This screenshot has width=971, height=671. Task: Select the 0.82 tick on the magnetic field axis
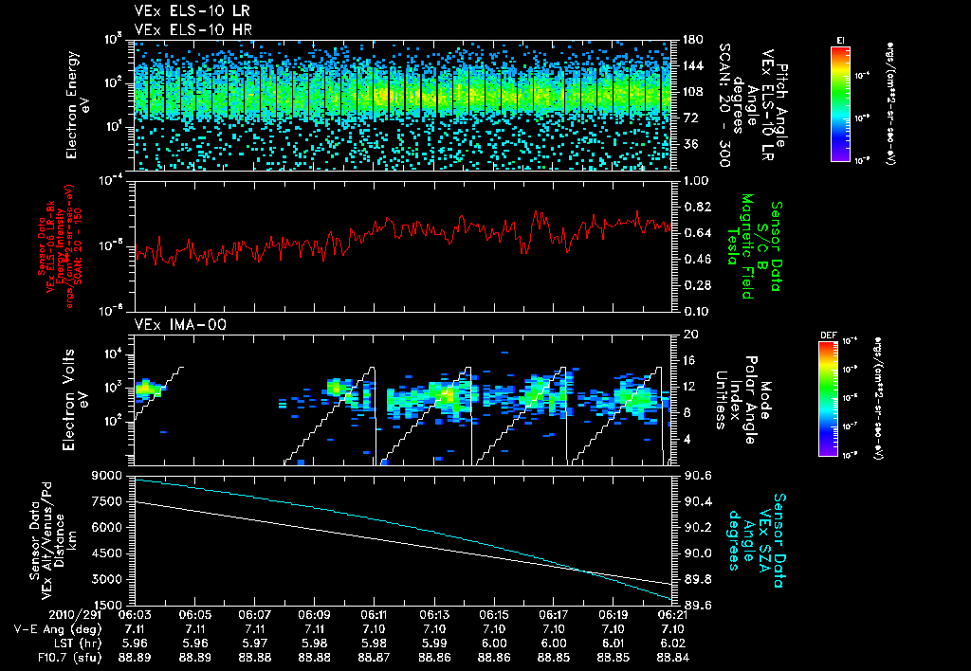(x=698, y=207)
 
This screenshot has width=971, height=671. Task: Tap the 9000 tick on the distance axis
(x=107, y=475)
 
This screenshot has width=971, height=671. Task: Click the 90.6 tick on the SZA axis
(x=698, y=475)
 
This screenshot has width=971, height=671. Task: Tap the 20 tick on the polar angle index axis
(x=687, y=335)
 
